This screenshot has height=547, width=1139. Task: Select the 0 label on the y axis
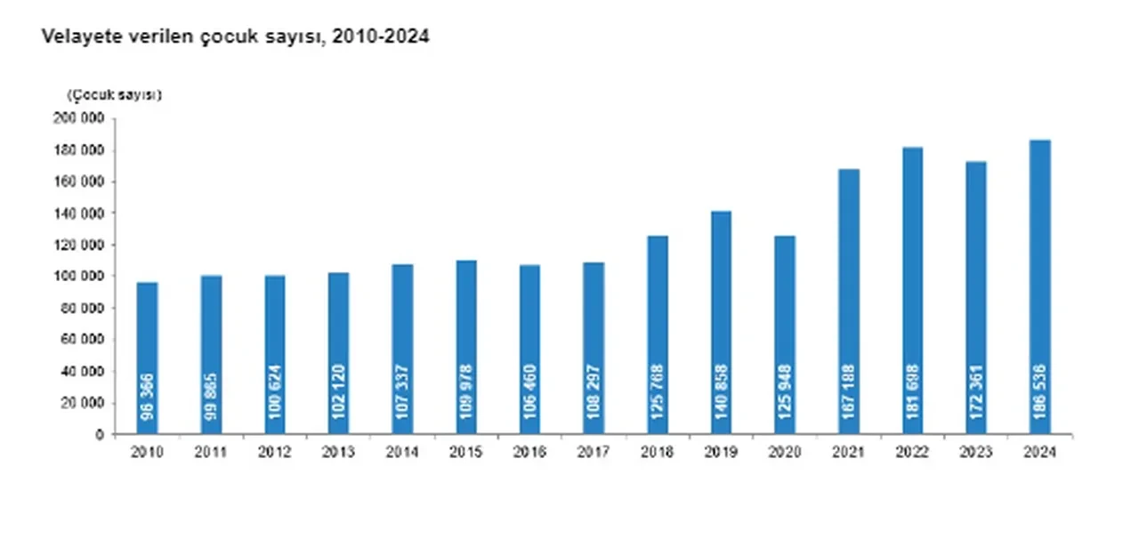pos(101,435)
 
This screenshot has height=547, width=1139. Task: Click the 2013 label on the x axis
pos(338,453)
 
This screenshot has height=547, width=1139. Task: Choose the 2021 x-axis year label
pos(849,453)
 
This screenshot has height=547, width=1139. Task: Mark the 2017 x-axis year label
pos(594,453)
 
